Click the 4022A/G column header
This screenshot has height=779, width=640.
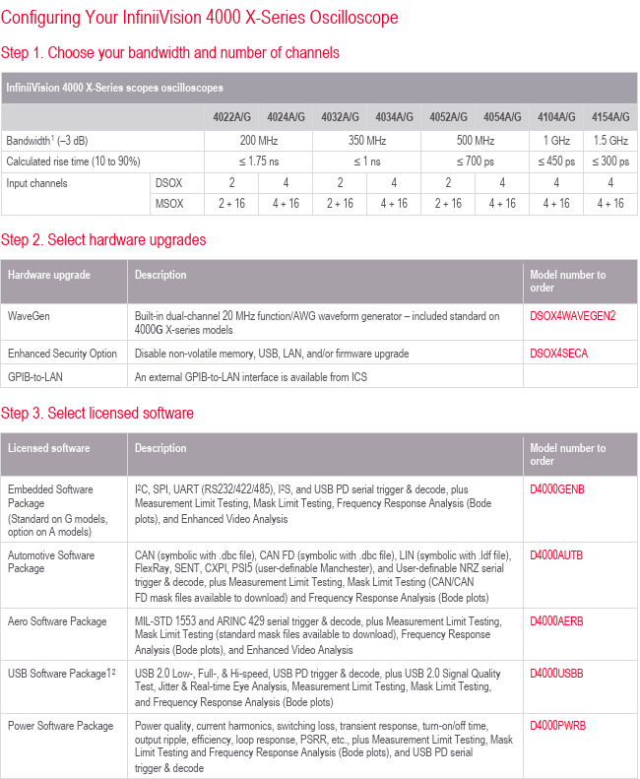[232, 116]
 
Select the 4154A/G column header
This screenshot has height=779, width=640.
[610, 116]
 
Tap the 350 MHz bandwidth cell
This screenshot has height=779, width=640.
[366, 140]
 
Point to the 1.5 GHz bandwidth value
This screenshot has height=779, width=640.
[610, 140]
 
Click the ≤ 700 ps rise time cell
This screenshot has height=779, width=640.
[475, 162]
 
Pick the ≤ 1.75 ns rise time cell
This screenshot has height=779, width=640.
[258, 162]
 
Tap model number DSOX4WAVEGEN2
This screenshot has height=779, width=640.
[572, 316]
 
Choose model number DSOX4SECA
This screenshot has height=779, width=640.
[558, 354]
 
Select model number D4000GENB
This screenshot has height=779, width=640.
[557, 489]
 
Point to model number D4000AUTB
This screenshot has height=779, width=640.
[557, 555]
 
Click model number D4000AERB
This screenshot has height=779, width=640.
[557, 621]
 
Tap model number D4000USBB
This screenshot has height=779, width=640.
[557, 674]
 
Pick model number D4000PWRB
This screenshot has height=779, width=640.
[558, 727]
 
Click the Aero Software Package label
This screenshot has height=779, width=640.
[57, 621]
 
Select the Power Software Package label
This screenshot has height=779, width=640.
[60, 727]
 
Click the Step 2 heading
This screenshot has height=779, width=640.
[103, 239]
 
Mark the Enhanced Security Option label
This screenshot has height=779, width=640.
[62, 354]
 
